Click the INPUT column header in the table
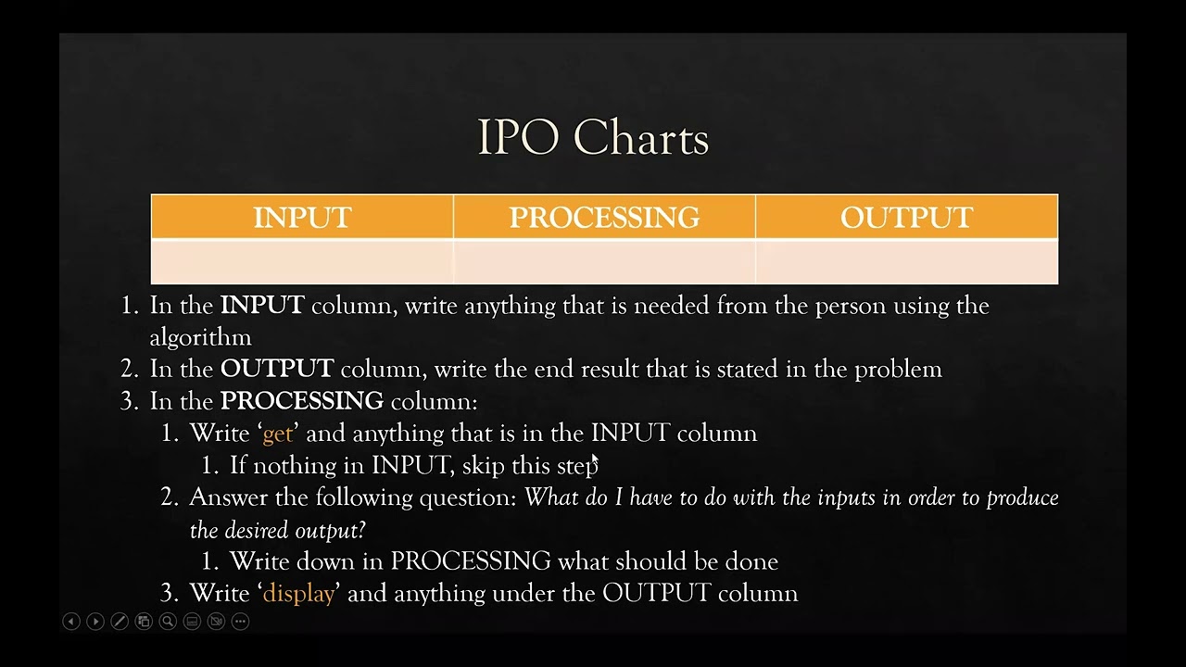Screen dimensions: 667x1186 point(302,218)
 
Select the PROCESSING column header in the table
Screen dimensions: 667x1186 point(604,218)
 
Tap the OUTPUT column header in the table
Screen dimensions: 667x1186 point(906,218)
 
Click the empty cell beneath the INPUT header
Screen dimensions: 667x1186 point(302,262)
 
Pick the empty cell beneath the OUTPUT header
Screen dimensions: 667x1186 point(906,262)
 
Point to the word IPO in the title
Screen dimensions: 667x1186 point(518,138)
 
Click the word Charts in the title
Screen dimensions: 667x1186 point(641,138)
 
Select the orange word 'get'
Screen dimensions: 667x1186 point(277,434)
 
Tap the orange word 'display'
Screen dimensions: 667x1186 point(298,594)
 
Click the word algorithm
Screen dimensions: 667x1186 point(200,337)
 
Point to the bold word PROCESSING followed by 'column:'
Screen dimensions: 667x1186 point(301,401)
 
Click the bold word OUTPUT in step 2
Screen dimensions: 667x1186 point(276,369)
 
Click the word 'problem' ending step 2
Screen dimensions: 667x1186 point(898,370)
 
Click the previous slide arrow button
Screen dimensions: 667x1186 point(71,622)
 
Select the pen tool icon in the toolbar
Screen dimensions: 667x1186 point(120,622)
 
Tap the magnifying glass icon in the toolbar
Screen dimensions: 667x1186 point(168,622)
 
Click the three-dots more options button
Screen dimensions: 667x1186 point(240,622)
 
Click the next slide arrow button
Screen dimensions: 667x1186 point(95,622)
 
